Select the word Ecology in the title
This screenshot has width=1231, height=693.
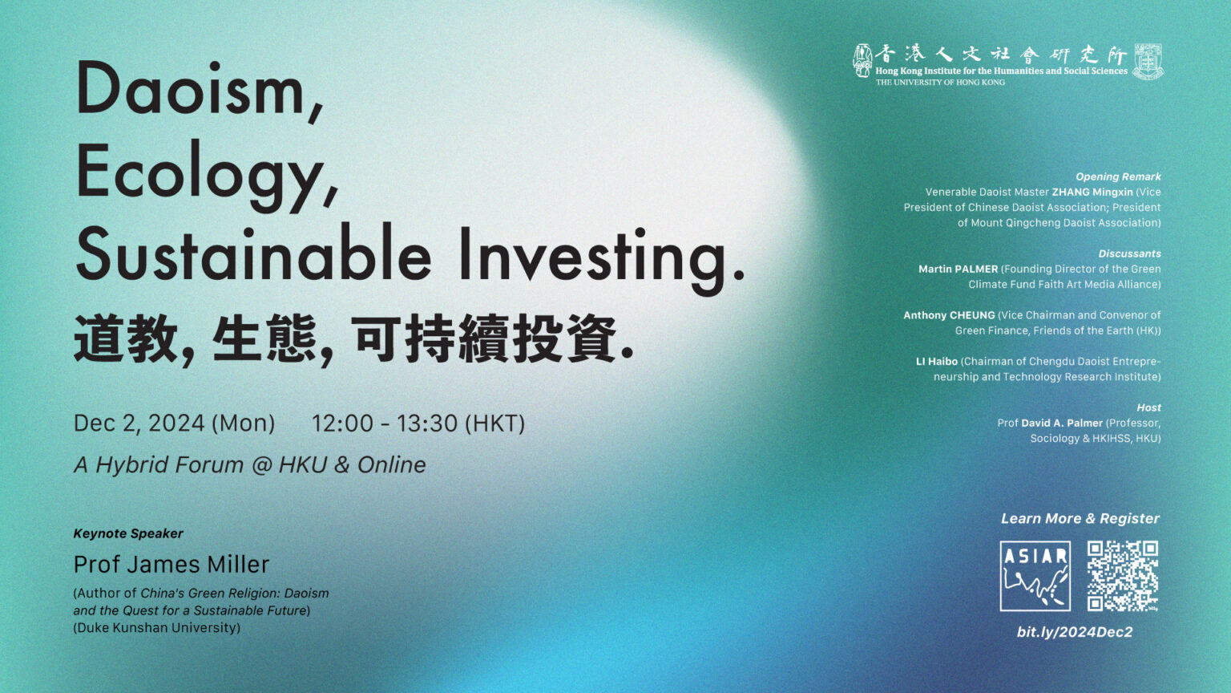coord(207,176)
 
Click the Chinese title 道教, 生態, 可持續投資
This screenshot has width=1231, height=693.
coord(354,339)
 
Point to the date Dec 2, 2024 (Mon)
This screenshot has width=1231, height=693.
coord(174,423)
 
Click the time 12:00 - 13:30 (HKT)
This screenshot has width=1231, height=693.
coord(418,423)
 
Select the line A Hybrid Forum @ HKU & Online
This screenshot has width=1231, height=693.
coord(249,464)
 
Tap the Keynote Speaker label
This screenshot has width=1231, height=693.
coord(128,533)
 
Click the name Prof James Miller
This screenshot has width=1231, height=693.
coord(172,565)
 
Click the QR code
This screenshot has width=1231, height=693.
coord(1123,576)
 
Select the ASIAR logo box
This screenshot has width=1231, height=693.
coord(1035,576)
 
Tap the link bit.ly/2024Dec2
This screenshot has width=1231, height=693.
coord(1075,632)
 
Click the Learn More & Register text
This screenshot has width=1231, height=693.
coord(1080,519)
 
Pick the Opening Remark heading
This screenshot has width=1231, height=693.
coord(1118,176)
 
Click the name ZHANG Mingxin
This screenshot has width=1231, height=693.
coord(1092,192)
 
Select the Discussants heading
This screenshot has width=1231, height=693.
coord(1129,253)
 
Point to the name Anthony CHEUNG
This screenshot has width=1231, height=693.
coord(949,315)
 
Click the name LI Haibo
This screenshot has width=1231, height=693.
coord(936,362)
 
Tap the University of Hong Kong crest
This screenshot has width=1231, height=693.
coord(1148,62)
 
